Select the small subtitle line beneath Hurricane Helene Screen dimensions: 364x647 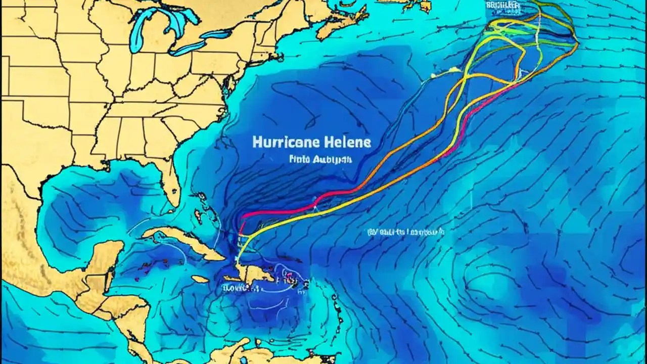314,159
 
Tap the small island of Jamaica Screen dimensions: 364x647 201,279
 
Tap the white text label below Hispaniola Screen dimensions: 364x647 241,289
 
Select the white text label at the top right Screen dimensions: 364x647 502,5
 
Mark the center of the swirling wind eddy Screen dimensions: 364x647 485,283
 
